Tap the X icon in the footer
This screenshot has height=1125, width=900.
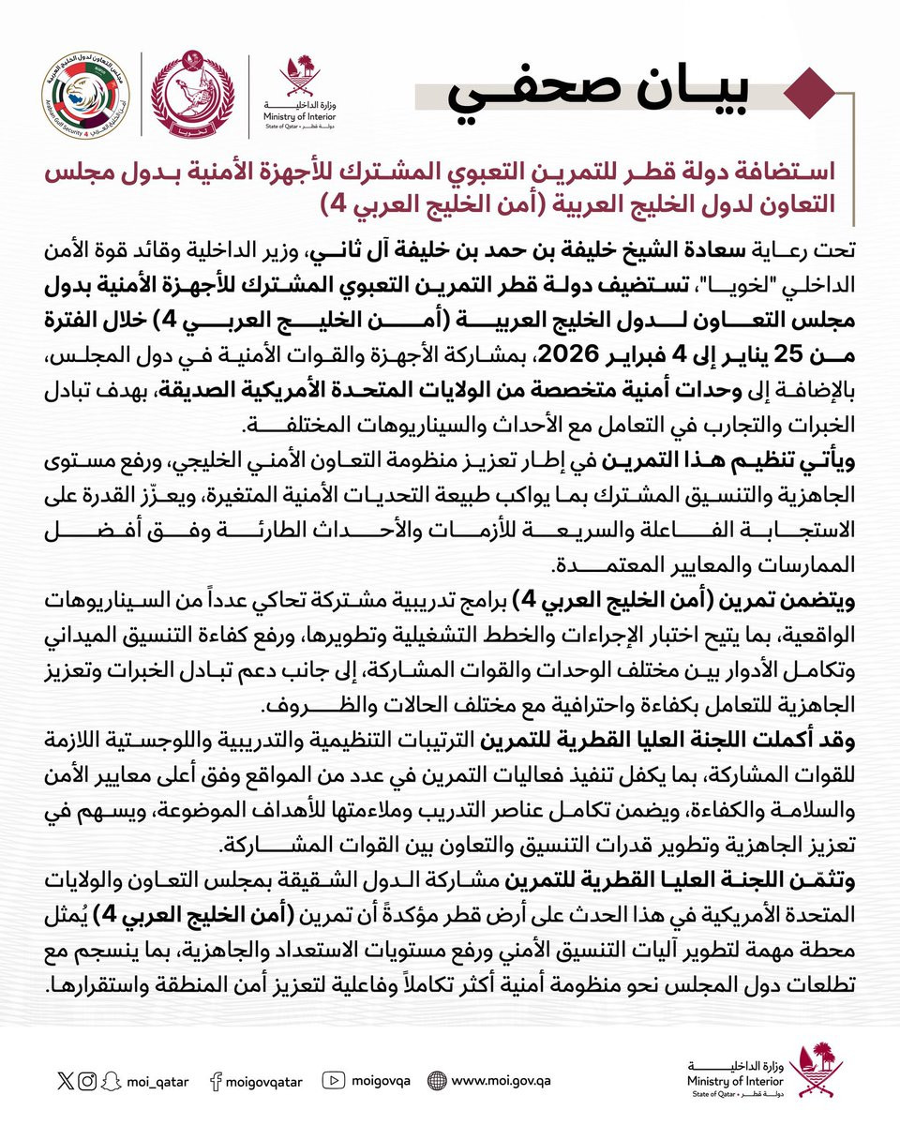(x=64, y=1081)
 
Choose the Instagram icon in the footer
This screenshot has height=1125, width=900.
(x=87, y=1081)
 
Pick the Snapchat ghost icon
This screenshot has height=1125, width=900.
(x=111, y=1081)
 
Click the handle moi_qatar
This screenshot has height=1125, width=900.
(x=157, y=1081)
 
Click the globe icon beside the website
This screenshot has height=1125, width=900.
(x=436, y=1081)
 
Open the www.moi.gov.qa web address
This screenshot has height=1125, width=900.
(x=499, y=1081)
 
